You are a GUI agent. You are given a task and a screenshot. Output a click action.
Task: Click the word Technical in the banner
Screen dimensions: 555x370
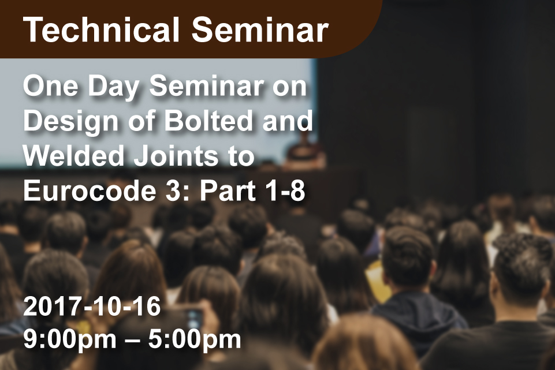(x=101, y=29)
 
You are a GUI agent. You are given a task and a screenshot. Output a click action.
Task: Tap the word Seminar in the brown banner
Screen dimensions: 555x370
(x=260, y=29)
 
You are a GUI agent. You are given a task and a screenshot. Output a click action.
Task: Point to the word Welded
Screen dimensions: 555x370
(x=73, y=156)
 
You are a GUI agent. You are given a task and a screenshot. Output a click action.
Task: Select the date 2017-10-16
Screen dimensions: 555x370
(x=92, y=307)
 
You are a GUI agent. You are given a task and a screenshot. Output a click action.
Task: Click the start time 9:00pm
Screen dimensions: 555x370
(x=70, y=339)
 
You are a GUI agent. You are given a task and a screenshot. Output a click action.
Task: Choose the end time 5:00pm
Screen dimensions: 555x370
(x=195, y=339)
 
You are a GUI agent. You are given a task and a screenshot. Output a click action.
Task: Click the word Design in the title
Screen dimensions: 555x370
(x=71, y=121)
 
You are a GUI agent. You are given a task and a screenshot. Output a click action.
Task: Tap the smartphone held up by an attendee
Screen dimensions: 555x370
(x=194, y=321)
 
